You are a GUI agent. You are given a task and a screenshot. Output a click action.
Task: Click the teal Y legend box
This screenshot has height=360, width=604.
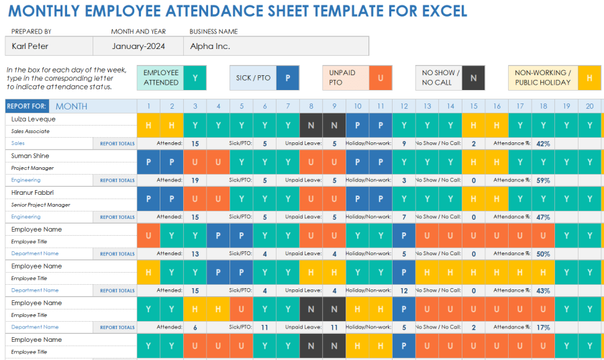tap(195, 78)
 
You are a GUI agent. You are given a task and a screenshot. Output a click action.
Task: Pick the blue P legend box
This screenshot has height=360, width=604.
tap(288, 78)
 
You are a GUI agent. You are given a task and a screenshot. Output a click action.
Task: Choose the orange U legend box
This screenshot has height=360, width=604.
tap(381, 78)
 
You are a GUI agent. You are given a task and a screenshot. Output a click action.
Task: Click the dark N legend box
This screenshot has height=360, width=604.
tap(473, 78)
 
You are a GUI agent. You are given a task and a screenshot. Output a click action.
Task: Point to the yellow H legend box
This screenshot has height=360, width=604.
tap(589, 78)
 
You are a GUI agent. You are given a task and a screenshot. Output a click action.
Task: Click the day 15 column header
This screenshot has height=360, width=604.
tap(474, 106)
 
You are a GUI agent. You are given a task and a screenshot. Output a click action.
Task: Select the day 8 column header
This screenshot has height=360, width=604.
tap(311, 106)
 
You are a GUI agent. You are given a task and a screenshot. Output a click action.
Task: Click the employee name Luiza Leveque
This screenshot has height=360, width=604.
tap(33, 119)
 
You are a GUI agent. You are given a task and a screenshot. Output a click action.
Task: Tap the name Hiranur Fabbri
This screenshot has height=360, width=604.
tap(34, 193)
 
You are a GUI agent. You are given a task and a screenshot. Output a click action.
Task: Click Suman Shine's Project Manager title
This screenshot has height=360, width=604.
tap(32, 168)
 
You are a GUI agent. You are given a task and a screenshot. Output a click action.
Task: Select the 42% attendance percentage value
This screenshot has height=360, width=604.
tap(543, 143)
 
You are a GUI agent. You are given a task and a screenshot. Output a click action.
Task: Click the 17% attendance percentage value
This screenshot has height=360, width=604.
tap(543, 327)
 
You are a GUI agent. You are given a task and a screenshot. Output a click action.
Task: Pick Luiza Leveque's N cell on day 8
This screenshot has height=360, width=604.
tap(311, 125)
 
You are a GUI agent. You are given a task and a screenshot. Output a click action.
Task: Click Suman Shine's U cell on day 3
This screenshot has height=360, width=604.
tap(195, 162)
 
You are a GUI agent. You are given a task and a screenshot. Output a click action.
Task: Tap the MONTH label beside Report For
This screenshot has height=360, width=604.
tap(71, 106)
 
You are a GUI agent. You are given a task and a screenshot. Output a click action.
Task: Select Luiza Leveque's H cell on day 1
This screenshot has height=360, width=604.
tap(148, 125)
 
